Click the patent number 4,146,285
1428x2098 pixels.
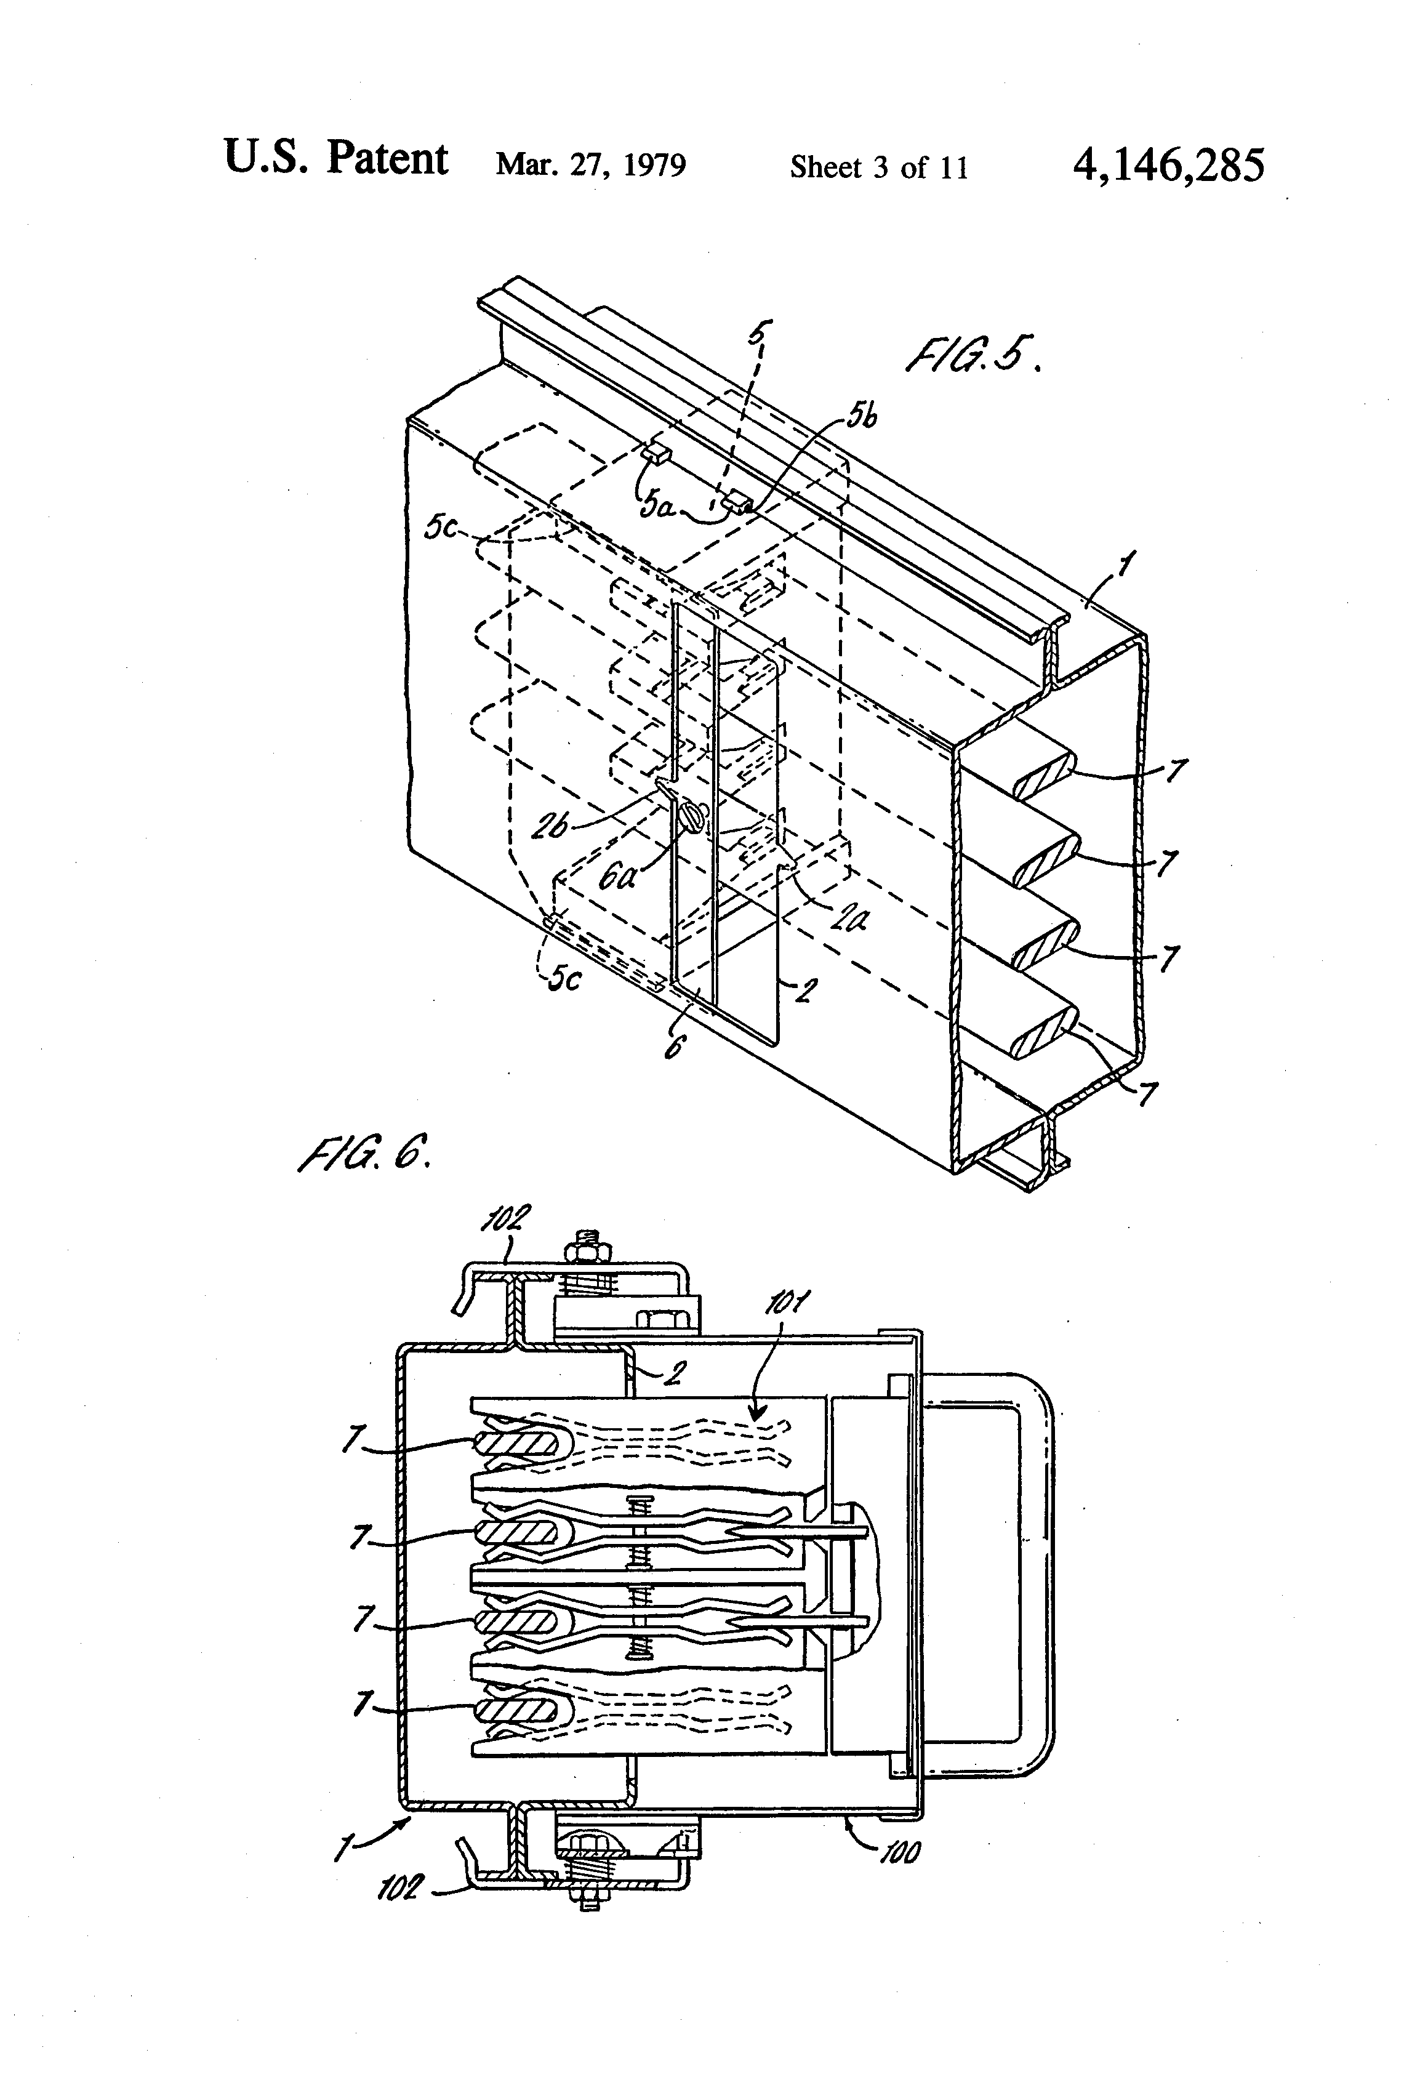(x=1168, y=165)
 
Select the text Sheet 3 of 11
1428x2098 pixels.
(x=878, y=167)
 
